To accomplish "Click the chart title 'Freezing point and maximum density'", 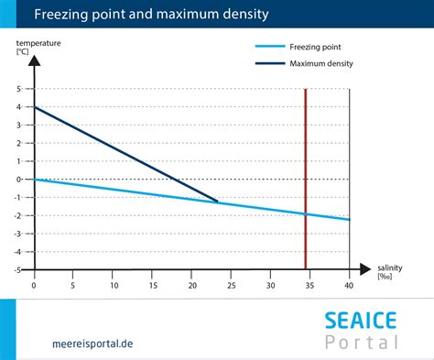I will click(151, 15).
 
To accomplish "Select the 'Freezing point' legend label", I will click(317, 45).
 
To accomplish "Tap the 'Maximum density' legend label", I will click(321, 63).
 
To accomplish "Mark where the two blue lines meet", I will click(217, 202).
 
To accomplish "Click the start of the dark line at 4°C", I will click(35, 107).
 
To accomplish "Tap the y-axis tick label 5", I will click(19, 89).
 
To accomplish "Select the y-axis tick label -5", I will click(17, 269).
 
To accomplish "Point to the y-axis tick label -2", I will click(17, 215).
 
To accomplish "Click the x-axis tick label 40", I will click(349, 285).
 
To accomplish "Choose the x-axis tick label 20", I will click(191, 285).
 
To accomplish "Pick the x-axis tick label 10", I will click(113, 285).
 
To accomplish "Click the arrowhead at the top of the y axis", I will click(34, 60).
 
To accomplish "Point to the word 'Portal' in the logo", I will click(363, 343).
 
